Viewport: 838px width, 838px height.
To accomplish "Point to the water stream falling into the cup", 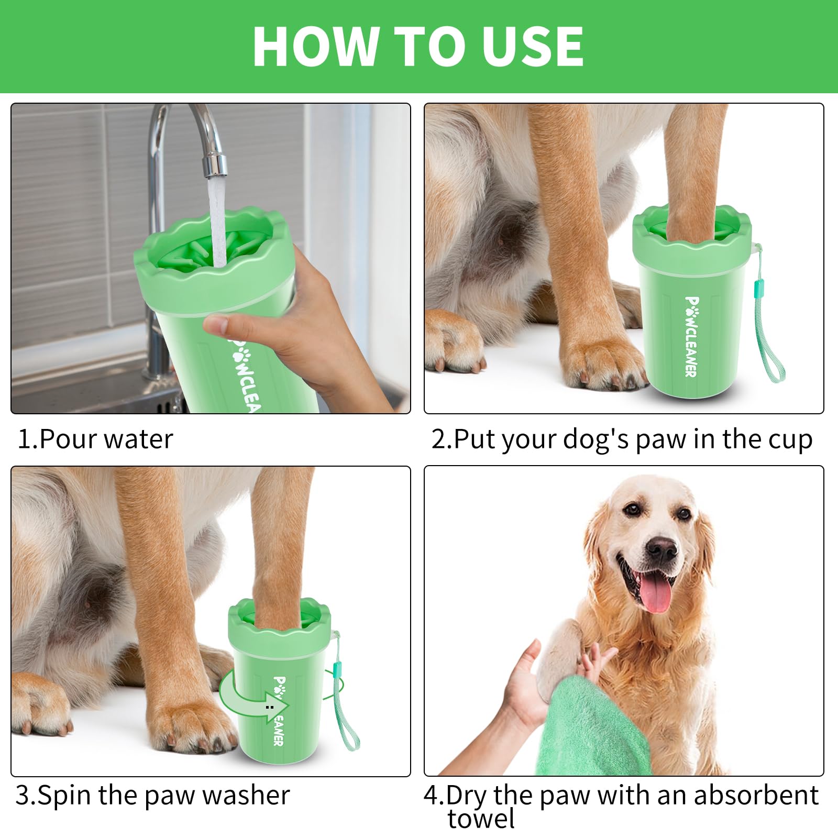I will [217, 220].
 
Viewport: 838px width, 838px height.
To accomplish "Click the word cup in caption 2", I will [790, 439].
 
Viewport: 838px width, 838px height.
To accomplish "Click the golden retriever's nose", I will [661, 548].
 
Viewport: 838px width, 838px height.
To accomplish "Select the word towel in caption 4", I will [481, 819].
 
